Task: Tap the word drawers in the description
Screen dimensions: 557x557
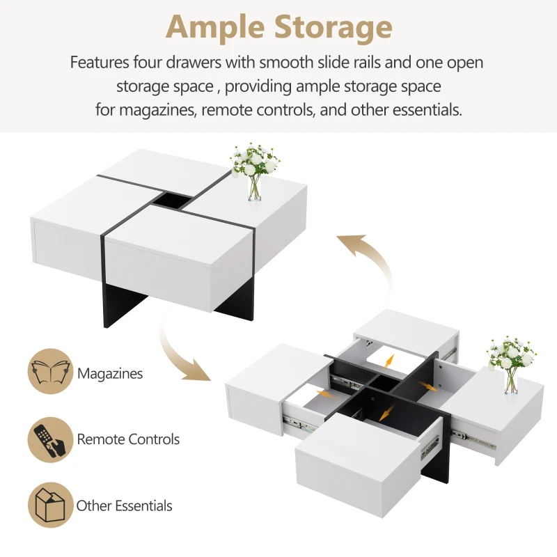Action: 194,62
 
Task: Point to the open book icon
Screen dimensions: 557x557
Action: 50,371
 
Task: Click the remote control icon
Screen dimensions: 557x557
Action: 50,440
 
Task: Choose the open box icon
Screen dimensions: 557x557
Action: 50,505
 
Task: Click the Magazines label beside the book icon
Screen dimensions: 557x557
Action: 110,373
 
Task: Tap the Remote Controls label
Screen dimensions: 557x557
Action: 128,439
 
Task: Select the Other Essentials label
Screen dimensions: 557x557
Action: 125,505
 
